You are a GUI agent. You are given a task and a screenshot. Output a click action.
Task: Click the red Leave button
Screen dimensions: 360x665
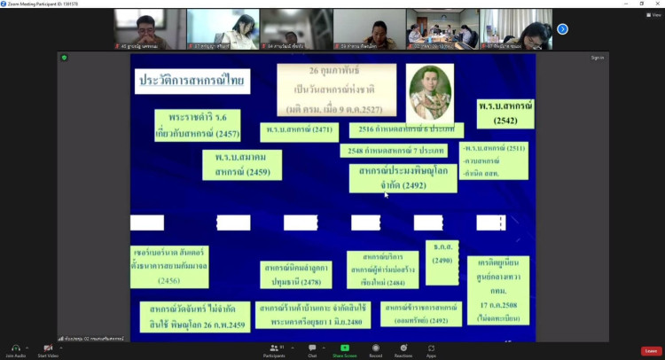click(652, 351)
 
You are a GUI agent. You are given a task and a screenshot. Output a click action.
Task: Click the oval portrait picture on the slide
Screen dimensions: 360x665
click(429, 91)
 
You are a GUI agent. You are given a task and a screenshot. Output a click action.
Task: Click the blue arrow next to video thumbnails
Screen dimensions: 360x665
click(562, 29)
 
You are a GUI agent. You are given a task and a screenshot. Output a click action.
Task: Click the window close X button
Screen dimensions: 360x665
click(657, 4)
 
